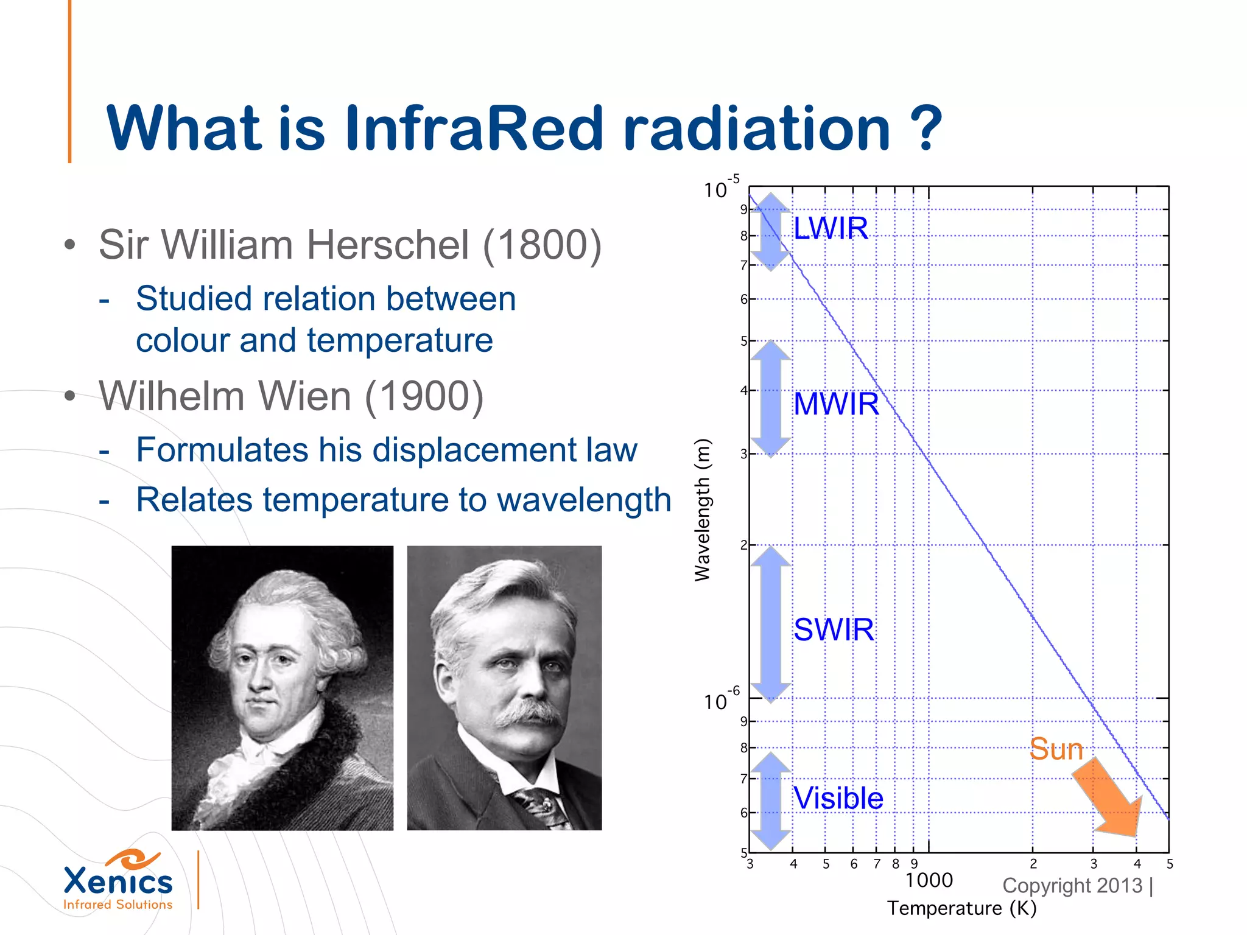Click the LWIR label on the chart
point(831,228)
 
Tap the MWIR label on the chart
point(836,404)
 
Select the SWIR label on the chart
point(834,629)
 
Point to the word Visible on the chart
point(838,798)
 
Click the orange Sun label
point(1056,749)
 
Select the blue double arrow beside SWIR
point(770,624)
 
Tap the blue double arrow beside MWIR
point(770,399)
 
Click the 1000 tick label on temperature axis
point(929,880)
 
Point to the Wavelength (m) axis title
point(702,510)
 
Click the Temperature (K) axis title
point(961,908)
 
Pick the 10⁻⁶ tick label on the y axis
point(721,700)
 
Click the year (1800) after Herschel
point(542,245)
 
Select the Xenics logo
point(118,880)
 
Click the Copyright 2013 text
point(1073,886)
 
